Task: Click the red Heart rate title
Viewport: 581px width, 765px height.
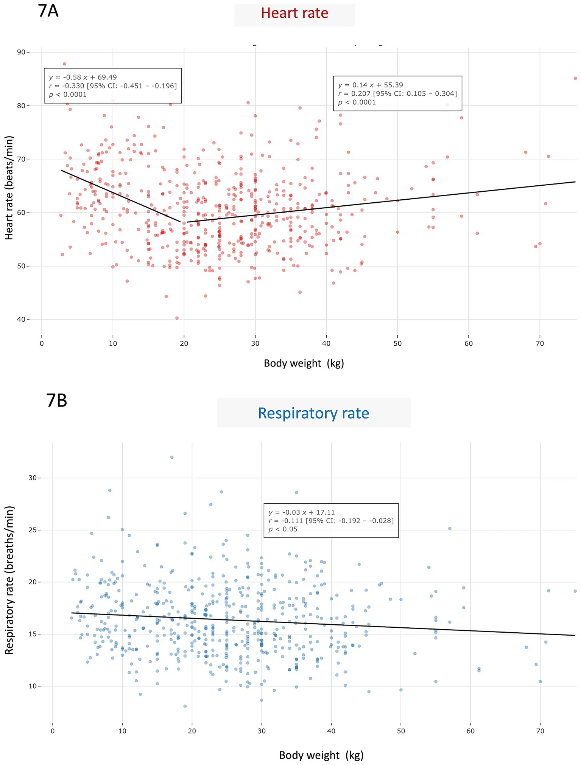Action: pyautogui.click(x=294, y=14)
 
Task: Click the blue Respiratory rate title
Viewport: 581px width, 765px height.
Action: pyautogui.click(x=313, y=413)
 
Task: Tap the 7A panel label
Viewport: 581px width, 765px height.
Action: pyautogui.click(x=48, y=11)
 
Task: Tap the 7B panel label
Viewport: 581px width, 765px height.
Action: pyautogui.click(x=57, y=401)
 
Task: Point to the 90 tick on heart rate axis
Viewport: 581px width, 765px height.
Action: pyautogui.click(x=25, y=52)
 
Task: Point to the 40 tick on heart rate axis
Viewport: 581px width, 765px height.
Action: pyautogui.click(x=25, y=320)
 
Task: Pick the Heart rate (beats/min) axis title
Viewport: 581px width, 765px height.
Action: pyautogui.click(x=9, y=188)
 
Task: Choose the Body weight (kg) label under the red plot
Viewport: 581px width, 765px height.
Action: pyautogui.click(x=304, y=363)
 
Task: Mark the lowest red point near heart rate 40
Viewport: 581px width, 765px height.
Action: pyautogui.click(x=177, y=318)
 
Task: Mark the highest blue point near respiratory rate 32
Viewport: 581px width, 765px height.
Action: pyautogui.click(x=171, y=457)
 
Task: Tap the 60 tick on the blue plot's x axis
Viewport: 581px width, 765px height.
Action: pyautogui.click(x=470, y=731)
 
